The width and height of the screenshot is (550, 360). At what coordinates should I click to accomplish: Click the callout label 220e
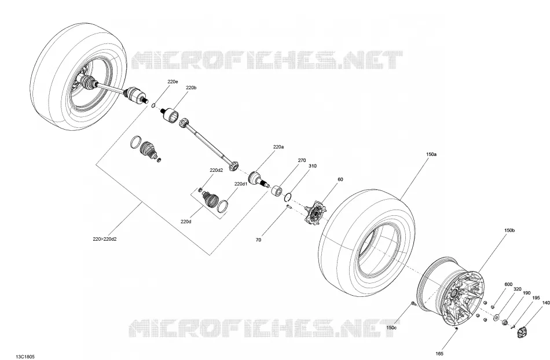click(173, 82)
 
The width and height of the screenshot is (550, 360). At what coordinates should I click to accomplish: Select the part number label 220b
click(191, 87)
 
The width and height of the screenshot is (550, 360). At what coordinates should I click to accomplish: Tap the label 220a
click(278, 147)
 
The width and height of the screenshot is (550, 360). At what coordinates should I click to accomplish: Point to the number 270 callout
click(302, 160)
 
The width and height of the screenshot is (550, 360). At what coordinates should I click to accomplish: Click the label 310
click(312, 166)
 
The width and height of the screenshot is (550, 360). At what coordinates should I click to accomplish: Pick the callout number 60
click(340, 179)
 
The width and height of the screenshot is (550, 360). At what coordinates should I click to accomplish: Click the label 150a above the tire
click(431, 154)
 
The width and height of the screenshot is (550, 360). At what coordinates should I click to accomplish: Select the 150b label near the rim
click(509, 231)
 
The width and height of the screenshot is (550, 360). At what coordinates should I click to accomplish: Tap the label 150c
click(391, 328)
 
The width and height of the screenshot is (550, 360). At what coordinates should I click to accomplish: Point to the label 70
click(258, 240)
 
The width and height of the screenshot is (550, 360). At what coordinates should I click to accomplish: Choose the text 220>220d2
click(105, 239)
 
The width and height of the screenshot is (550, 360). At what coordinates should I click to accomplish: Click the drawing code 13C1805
click(25, 357)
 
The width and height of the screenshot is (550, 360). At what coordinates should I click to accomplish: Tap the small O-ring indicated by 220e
click(153, 105)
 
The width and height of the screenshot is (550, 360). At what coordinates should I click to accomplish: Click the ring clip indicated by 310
click(288, 197)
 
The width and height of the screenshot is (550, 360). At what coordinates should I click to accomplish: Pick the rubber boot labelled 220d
click(211, 199)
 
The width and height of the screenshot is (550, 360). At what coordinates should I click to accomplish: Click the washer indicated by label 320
click(496, 318)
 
